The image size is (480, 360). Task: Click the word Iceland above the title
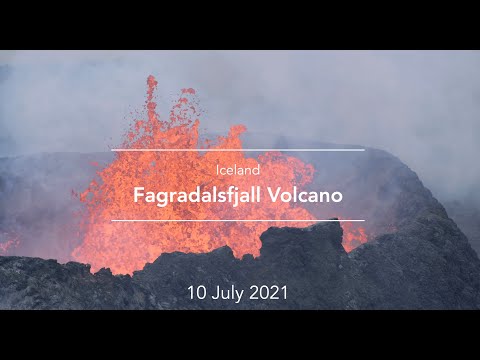pos(237,170)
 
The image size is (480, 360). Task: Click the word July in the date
pos(229,293)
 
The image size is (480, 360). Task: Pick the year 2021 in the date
pos(270,293)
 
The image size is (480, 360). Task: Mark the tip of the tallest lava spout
pos(152,79)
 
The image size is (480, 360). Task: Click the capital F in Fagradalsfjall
pos(139,193)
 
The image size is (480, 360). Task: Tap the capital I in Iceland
pos(217,170)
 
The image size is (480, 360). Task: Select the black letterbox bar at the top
pos(240,24)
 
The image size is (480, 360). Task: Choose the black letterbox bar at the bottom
pos(240,335)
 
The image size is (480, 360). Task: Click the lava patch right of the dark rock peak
pos(353,237)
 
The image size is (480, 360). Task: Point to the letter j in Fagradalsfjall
pos(220,195)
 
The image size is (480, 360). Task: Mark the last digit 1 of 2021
pos(285,293)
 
